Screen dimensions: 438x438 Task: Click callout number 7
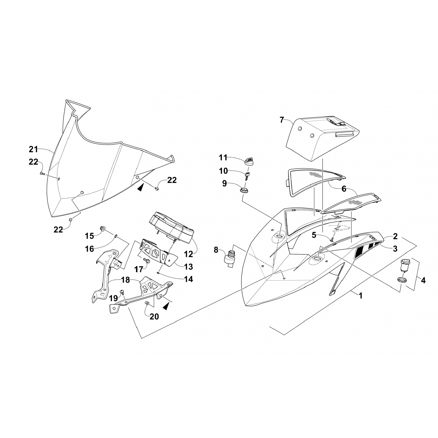pos(281,120)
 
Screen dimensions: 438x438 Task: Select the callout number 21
pos(33,150)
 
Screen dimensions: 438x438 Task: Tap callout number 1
pos(361,296)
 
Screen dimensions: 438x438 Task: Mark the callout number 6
pos(344,189)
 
